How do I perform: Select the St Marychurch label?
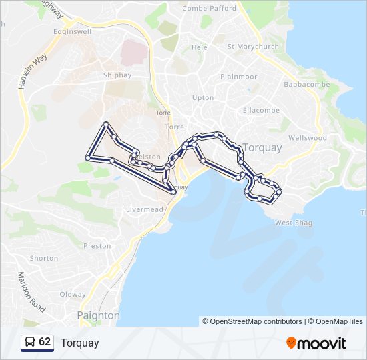tap(251, 47)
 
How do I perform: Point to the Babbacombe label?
tap(306, 85)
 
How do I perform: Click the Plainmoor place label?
tap(238, 77)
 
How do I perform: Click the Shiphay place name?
tap(113, 75)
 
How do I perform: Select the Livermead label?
tap(144, 209)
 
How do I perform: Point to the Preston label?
tap(97, 246)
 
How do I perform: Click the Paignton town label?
tap(98, 315)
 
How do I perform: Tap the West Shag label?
tap(294, 223)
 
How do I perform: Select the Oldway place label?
tap(73, 294)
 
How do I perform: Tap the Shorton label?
tap(44, 258)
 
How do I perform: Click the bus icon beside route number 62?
tap(30, 342)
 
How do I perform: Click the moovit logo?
tap(316, 343)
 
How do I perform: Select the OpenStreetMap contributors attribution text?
tap(252, 321)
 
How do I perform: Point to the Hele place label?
tap(200, 48)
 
